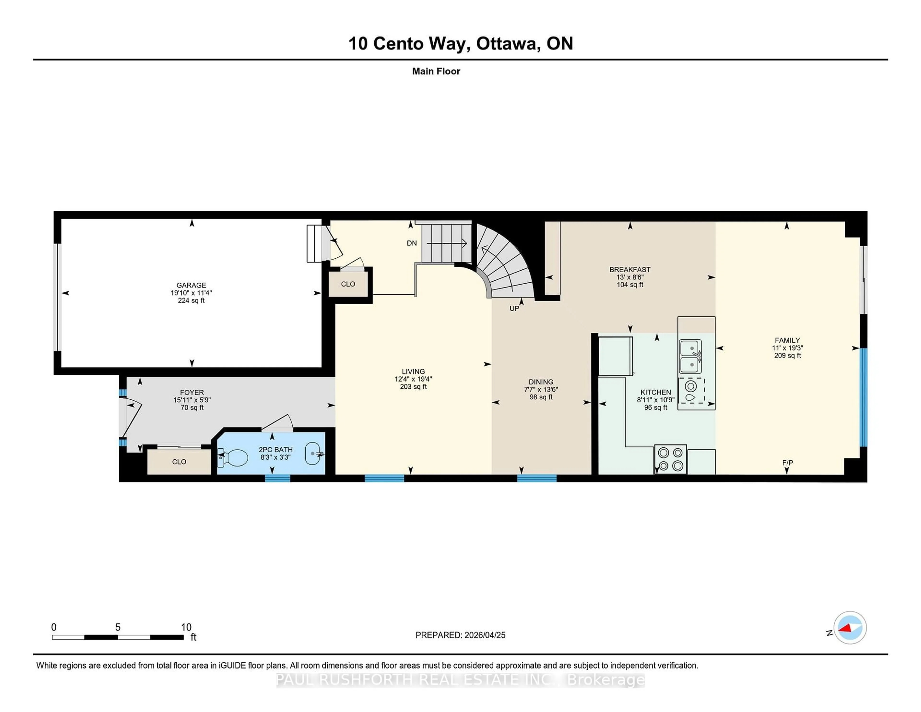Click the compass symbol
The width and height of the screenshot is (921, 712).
(x=850, y=628)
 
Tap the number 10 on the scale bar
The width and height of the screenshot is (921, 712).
(x=186, y=627)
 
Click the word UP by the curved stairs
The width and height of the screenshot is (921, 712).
(x=514, y=308)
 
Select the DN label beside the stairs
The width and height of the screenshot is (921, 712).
(x=412, y=243)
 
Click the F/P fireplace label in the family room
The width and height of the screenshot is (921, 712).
(x=787, y=463)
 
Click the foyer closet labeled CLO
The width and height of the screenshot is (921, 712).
(x=179, y=462)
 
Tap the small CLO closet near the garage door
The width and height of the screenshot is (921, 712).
(x=348, y=284)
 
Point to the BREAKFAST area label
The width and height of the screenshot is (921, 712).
(x=630, y=269)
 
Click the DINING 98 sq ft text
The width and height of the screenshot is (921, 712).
(x=541, y=397)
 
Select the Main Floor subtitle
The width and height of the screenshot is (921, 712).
(x=436, y=71)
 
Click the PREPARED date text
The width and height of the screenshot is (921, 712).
(x=460, y=635)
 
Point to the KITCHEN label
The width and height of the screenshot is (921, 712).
(x=655, y=392)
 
